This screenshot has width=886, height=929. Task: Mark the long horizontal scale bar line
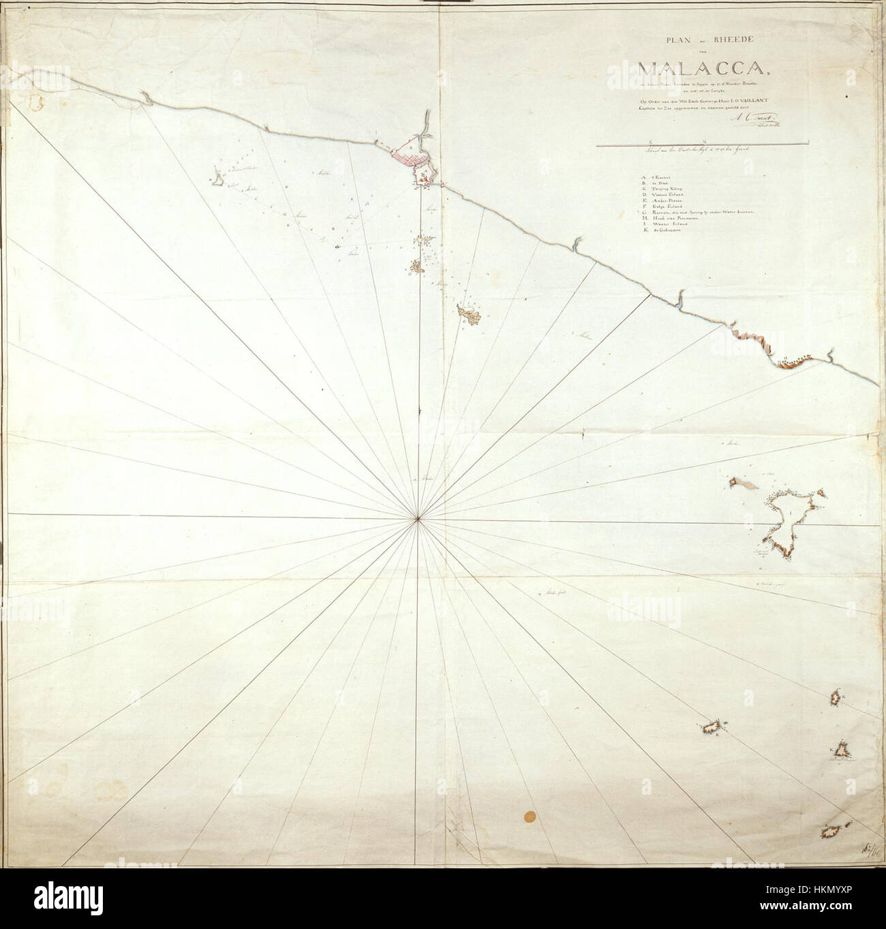(x=702, y=144)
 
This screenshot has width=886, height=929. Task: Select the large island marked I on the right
(x=791, y=518)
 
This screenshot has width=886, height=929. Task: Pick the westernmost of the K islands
(x=714, y=726)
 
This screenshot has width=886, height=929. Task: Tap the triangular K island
(x=842, y=750)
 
